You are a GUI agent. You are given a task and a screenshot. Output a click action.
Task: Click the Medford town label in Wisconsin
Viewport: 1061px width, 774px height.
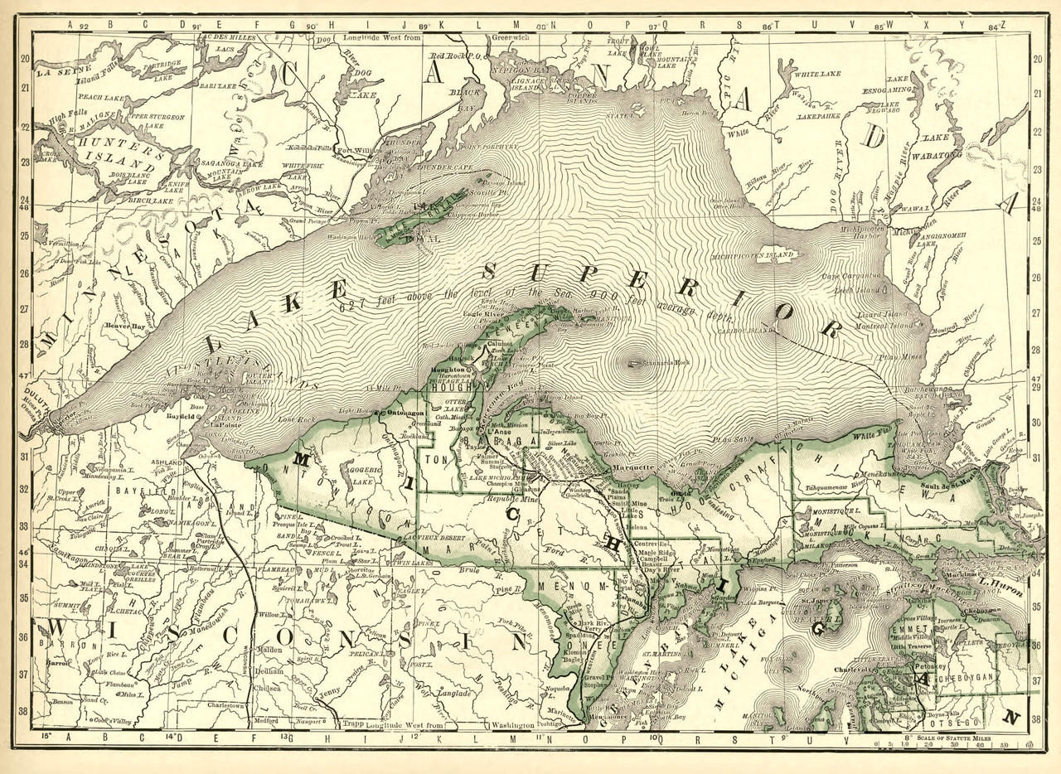coord(265,720)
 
